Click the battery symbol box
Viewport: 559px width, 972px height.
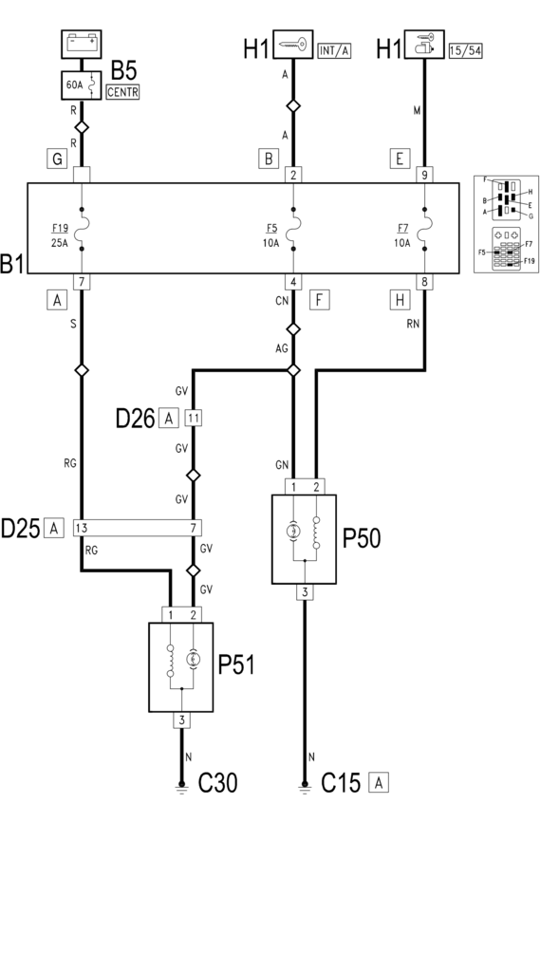coord(82,44)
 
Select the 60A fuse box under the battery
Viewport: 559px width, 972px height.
coord(82,84)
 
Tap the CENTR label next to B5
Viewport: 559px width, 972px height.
coord(122,92)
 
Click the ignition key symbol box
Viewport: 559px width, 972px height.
coord(292,44)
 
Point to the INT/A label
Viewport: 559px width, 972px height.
coord(334,51)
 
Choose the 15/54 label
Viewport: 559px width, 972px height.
coord(465,51)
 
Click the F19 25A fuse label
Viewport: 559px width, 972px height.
coord(60,235)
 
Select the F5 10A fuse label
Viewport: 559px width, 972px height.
coord(270,235)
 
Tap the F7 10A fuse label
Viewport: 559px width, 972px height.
coord(401,235)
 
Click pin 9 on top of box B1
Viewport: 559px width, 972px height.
coord(424,175)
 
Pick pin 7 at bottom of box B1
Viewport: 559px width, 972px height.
coord(82,282)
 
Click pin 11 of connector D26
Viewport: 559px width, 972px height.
coord(194,419)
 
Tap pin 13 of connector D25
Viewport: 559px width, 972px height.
coord(82,528)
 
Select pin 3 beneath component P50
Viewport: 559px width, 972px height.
coord(305,592)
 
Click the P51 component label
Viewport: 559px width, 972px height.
coord(236,665)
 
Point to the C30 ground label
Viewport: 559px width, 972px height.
coord(217,783)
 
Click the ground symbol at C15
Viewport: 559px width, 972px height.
coord(305,785)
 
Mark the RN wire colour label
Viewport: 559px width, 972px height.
coord(413,323)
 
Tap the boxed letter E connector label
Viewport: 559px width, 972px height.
coord(400,159)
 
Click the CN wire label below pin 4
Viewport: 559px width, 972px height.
coord(282,301)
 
